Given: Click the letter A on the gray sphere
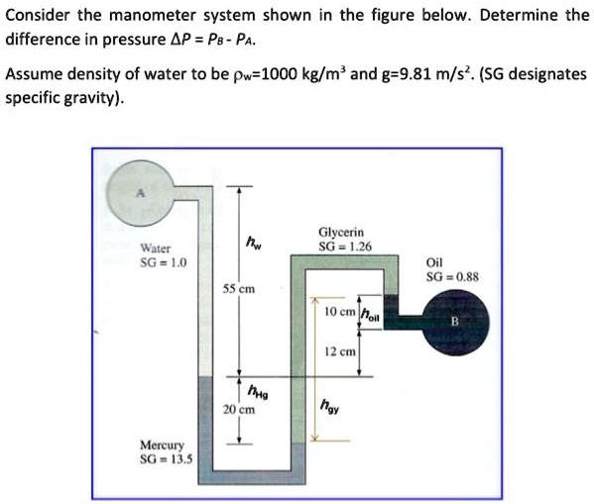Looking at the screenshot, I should click(x=141, y=194).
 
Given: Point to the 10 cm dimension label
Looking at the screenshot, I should click(x=340, y=312).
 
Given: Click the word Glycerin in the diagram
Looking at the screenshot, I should click(x=344, y=232).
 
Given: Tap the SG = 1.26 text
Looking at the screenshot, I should click(x=344, y=246).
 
